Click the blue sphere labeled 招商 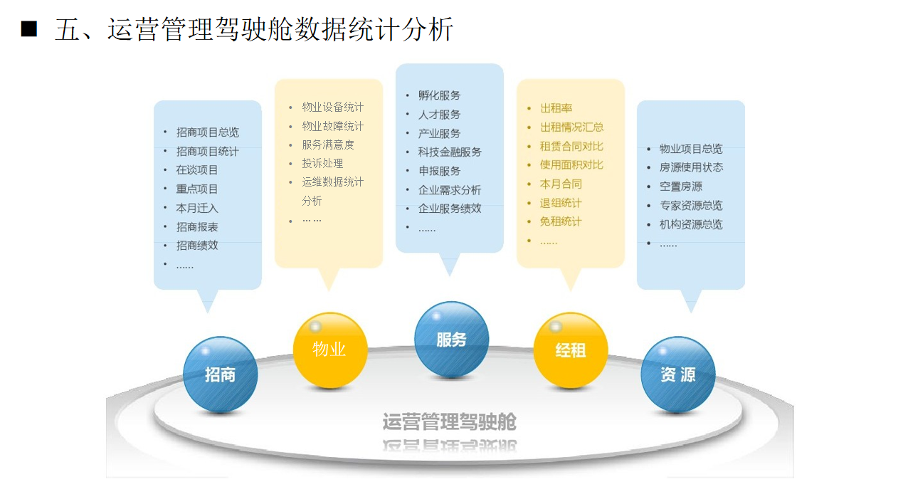pyautogui.click(x=220, y=374)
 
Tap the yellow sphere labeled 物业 pyautogui.click(x=330, y=350)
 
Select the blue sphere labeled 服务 pyautogui.click(x=451, y=340)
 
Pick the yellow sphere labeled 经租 pyautogui.click(x=571, y=350)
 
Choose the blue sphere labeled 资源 pyautogui.click(x=678, y=374)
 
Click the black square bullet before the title pyautogui.click(x=29, y=29)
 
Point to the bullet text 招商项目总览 pyautogui.click(x=208, y=132)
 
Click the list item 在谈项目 pyautogui.click(x=196, y=170)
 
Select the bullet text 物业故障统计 pyautogui.click(x=332, y=126)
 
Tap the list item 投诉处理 pyautogui.click(x=322, y=163)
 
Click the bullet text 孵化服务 pyautogui.click(x=440, y=95)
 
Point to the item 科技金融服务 pyautogui.click(x=450, y=152)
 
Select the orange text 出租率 pyautogui.click(x=556, y=108)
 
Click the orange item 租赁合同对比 pyautogui.click(x=571, y=146)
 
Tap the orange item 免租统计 pyautogui.click(x=561, y=221)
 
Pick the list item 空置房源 pyautogui.click(x=681, y=187)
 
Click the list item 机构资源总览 pyautogui.click(x=691, y=224)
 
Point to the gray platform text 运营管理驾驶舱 pyautogui.click(x=450, y=421)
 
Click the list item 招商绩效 pyautogui.click(x=197, y=245)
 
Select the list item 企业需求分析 pyautogui.click(x=450, y=190)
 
